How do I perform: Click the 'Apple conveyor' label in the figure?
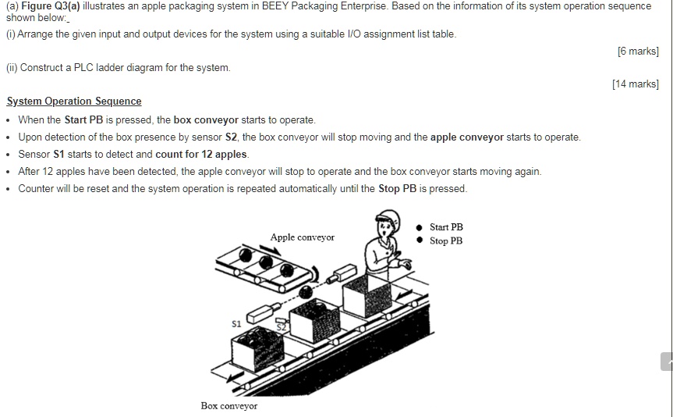pos(302,237)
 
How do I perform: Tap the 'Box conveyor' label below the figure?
pos(228,406)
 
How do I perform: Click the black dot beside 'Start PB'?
pos(420,227)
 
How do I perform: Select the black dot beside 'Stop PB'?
pos(420,241)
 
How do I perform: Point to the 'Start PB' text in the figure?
pos(446,227)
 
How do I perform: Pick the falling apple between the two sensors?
pos(305,291)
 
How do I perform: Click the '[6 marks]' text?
pos(637,52)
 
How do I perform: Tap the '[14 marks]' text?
pos(635,84)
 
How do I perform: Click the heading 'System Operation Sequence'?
pos(74,102)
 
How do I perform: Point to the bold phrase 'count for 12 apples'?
pos(201,154)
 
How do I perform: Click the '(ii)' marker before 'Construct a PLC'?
pos(12,68)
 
